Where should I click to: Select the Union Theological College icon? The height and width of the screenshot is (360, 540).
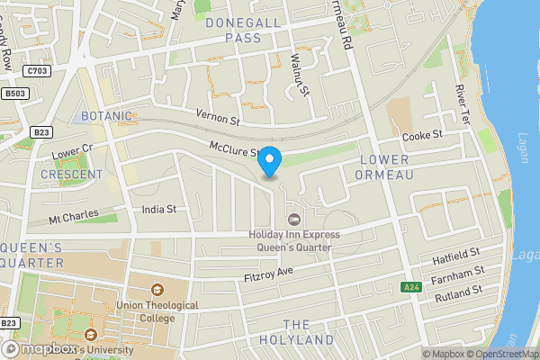tap(157, 290)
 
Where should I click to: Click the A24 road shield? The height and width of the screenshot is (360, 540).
tap(411, 287)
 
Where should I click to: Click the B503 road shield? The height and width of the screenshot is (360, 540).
tap(12, 93)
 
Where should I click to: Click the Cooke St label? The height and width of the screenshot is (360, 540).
tap(422, 135)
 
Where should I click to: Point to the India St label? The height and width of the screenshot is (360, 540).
tap(158, 210)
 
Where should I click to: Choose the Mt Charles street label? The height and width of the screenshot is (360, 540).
tap(70, 218)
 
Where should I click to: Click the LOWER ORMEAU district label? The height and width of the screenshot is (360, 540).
tap(384, 166)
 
